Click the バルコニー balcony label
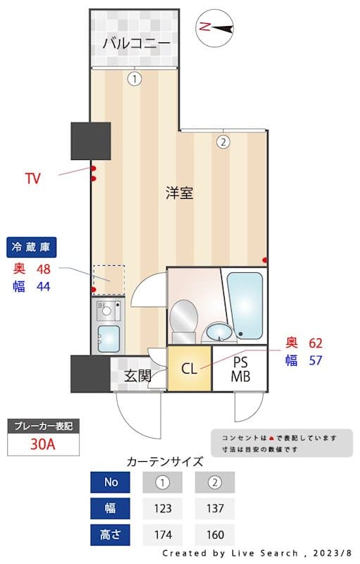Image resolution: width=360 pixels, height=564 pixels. coord(136,44)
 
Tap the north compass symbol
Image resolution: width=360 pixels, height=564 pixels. coord(217,28)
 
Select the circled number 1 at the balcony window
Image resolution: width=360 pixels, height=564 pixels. coord(134,79)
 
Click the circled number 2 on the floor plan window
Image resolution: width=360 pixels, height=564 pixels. coord(223,142)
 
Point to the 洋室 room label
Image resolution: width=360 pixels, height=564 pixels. coord(180,192)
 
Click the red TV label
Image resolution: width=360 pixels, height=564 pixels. coord(32,178)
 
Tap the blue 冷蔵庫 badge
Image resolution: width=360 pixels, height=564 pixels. coord(32,247)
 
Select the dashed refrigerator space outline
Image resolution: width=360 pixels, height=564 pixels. coord(109,279)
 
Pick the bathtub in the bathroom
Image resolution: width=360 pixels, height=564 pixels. coord(244,305)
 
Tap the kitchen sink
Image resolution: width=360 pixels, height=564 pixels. coord(108,338)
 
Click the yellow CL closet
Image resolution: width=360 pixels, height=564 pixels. coord(189,368)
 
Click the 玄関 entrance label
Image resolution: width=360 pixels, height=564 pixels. coord(138,376)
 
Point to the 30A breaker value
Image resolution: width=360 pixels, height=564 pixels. coord(44,445)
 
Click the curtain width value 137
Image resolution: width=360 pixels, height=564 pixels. coord(214,508)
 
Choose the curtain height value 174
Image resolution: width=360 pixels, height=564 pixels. coord(163,534)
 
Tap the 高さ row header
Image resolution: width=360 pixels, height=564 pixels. coord(110,534)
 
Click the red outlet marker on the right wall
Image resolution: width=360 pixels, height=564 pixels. coord(265,260)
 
